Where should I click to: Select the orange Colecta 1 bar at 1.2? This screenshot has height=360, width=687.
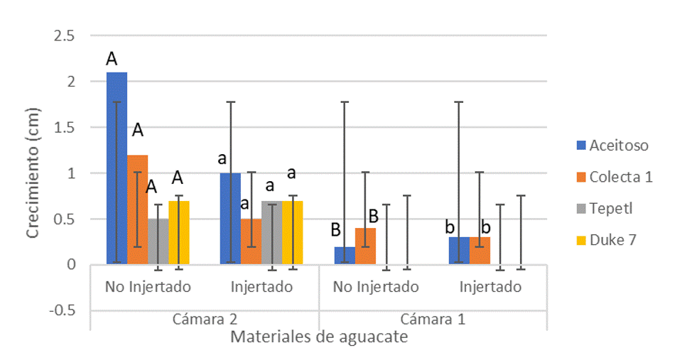click(x=137, y=209)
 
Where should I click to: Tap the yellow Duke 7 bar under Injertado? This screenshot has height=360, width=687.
click(x=293, y=232)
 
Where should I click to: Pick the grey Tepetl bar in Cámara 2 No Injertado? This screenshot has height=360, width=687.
click(x=158, y=241)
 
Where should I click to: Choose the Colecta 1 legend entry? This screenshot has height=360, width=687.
click(x=615, y=177)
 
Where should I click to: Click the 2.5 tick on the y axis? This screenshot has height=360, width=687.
click(x=65, y=36)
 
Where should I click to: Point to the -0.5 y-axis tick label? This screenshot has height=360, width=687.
click(x=63, y=310)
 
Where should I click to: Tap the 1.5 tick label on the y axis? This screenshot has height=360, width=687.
click(x=65, y=127)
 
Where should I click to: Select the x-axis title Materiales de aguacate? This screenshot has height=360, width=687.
click(x=319, y=337)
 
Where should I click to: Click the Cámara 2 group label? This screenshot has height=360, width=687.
click(x=204, y=319)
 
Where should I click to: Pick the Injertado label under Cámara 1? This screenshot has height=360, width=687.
click(x=490, y=288)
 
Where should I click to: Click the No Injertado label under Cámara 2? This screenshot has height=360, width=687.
click(x=148, y=288)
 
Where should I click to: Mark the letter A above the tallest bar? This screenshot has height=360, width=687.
click(x=112, y=59)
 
